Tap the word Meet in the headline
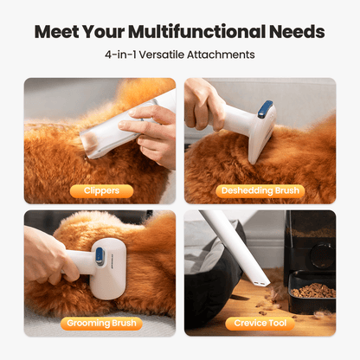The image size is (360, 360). (61, 33)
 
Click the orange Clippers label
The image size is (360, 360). (102, 190)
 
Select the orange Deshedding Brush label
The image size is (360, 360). (261, 190)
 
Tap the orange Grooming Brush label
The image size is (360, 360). (102, 324)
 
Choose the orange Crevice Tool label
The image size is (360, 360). (261, 324)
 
